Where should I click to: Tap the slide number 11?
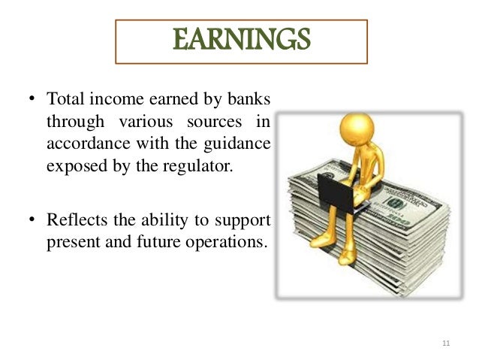[x=446, y=343]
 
